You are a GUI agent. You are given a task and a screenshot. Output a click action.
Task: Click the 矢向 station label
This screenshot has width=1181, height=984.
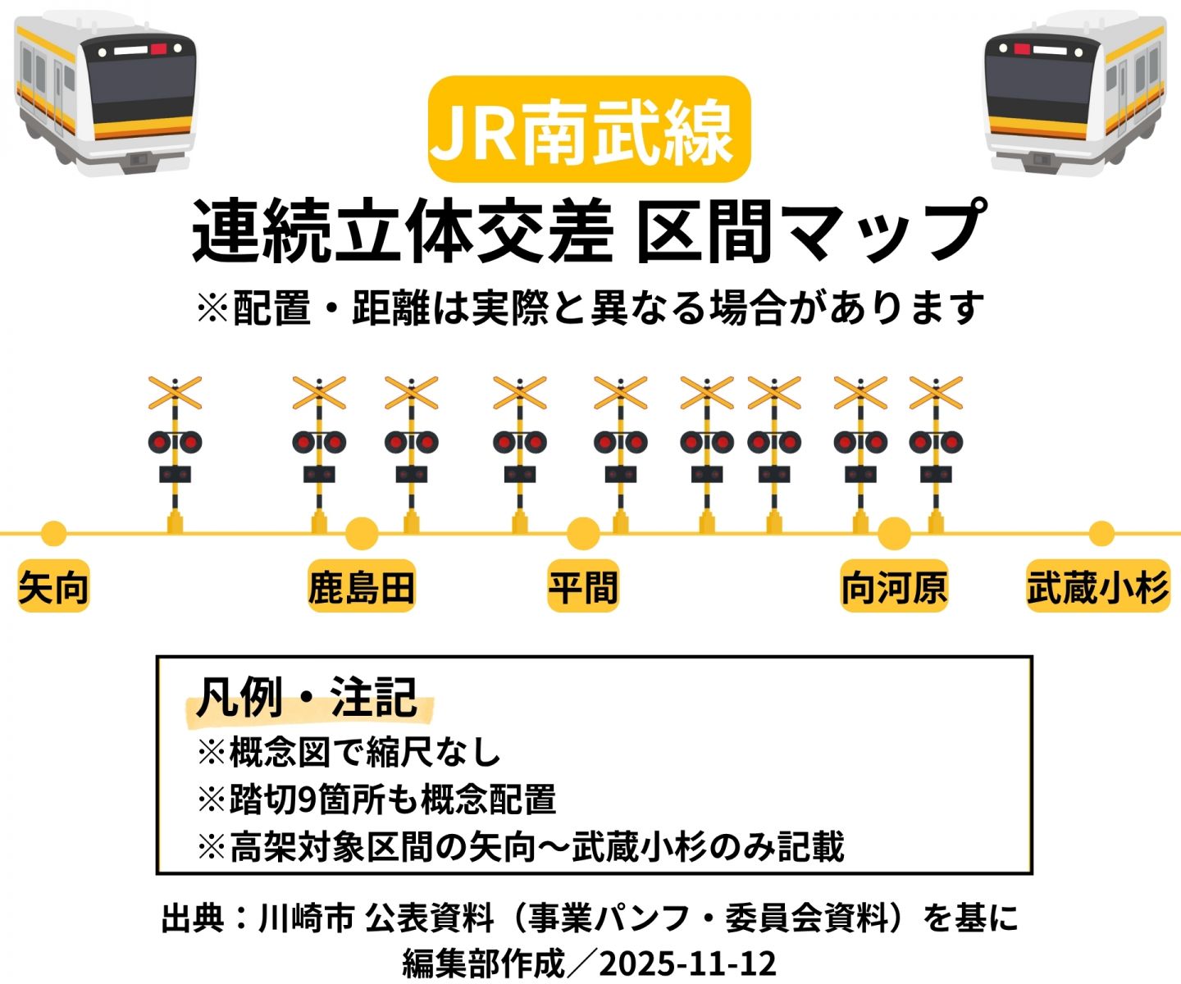[x=53, y=587]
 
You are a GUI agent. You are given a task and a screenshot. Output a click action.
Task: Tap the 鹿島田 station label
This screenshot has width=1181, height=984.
[x=362, y=587]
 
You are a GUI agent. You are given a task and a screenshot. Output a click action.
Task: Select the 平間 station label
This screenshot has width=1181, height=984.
[x=583, y=587]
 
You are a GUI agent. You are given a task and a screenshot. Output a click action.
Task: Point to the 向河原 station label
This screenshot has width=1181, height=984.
[x=894, y=587]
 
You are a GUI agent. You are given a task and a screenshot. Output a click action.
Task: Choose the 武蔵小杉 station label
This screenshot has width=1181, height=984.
[x=1097, y=587]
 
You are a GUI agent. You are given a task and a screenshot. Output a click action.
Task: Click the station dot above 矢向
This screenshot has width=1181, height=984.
[x=53, y=534]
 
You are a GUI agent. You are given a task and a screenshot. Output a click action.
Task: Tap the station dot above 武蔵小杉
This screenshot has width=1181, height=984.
[x=1101, y=534]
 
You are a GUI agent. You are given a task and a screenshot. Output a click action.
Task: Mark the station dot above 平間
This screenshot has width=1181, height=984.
[x=583, y=534]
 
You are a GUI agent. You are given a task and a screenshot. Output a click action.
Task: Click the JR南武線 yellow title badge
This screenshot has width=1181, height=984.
[x=589, y=130]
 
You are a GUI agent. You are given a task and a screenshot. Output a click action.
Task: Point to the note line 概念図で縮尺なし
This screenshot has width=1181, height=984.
[x=349, y=752]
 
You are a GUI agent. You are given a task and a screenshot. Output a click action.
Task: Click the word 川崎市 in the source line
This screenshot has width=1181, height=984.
[x=306, y=918]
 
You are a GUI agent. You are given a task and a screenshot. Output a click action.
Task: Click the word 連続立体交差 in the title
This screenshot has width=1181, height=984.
[x=402, y=232]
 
